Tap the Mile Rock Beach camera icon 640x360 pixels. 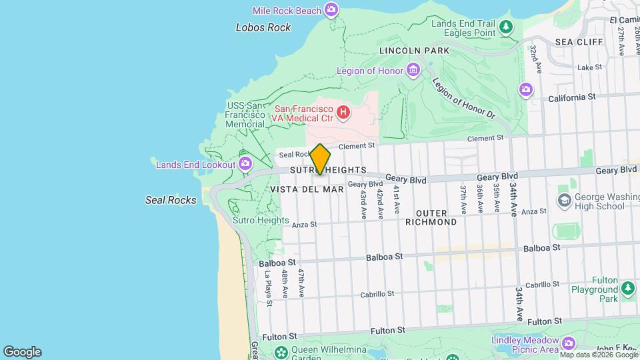point(331,9)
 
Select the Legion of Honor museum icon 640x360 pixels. point(413,71)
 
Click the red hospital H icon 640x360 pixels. point(343,112)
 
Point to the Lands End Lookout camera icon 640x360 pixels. point(245,164)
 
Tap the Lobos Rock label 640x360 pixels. point(263,27)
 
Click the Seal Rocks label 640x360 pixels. point(171,200)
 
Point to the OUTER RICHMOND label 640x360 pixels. point(431,217)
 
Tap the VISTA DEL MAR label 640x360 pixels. point(307,189)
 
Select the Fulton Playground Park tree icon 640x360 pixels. point(627,289)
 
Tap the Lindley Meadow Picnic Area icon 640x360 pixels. point(568,343)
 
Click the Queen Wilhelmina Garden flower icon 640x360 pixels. point(282,351)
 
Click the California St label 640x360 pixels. point(571,97)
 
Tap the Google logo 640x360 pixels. point(22,352)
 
